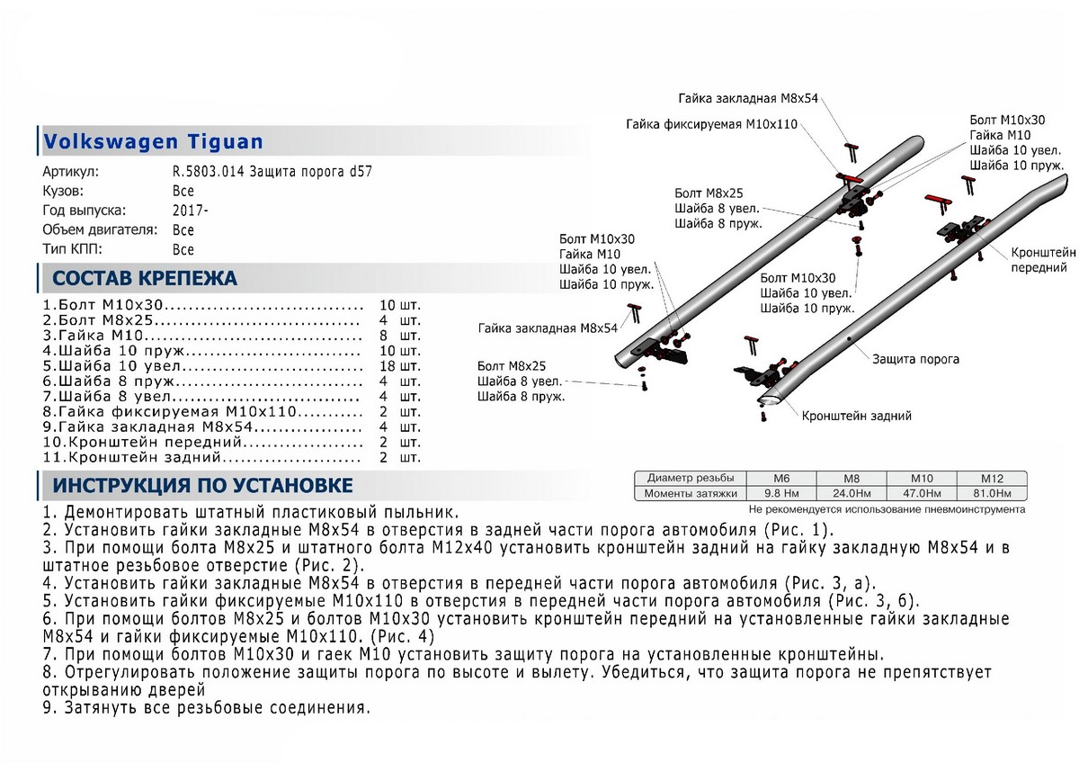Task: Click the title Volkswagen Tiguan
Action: [154, 141]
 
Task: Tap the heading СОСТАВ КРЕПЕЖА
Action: [145, 277]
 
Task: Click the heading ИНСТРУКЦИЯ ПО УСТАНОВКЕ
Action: [202, 487]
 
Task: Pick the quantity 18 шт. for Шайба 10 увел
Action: [400, 366]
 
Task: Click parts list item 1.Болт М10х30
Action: [105, 305]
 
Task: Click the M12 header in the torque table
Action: [990, 478]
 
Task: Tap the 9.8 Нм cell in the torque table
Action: [780, 494]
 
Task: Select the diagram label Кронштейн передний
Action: [1043, 260]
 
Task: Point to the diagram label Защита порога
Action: [914, 359]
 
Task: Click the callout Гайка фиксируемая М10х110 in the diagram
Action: [712, 123]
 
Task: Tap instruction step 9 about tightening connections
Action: [206, 707]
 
